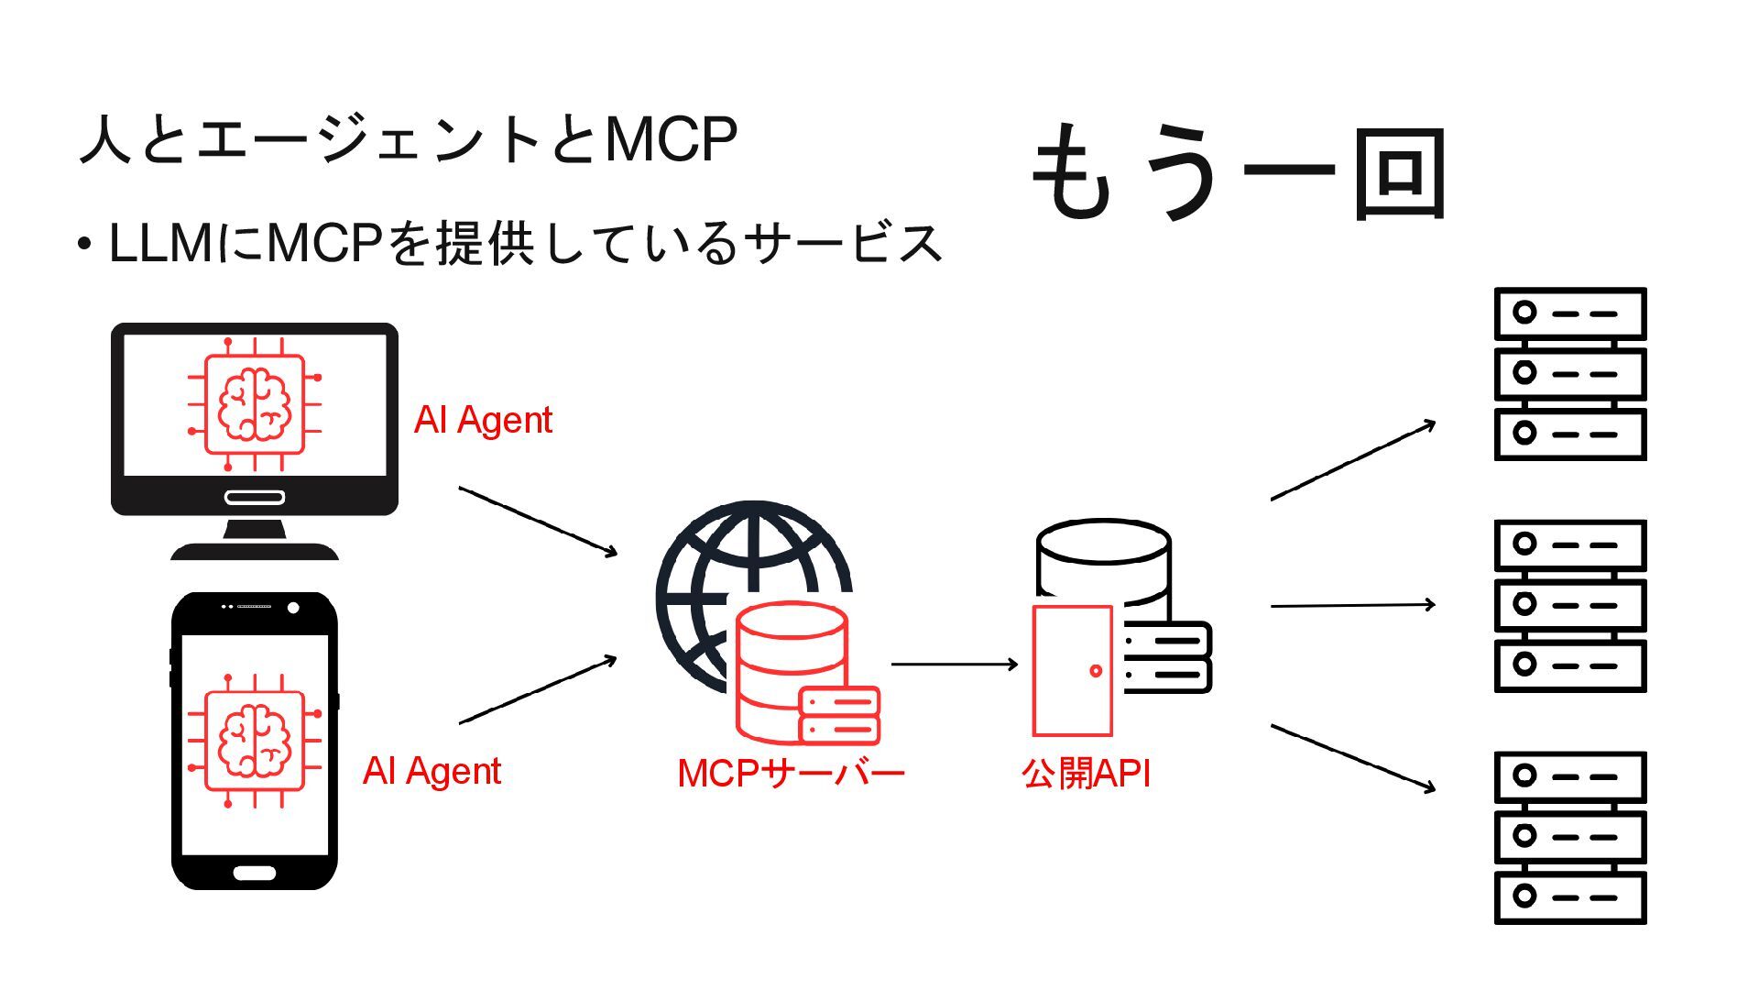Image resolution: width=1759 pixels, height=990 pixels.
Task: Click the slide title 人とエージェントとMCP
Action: (x=409, y=140)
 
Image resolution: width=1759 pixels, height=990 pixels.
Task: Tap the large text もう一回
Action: (x=1239, y=173)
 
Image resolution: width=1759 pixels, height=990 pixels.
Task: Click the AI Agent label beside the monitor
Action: (x=483, y=421)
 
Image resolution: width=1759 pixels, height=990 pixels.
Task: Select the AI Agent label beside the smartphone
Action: (x=432, y=771)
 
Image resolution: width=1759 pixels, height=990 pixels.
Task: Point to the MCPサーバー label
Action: (x=791, y=774)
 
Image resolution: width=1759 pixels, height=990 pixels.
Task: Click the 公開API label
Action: (x=1086, y=774)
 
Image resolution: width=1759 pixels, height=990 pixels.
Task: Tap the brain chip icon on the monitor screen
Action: (x=254, y=404)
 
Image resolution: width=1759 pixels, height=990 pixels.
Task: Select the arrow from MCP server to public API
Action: (x=954, y=664)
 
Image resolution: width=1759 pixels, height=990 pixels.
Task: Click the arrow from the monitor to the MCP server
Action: (x=538, y=521)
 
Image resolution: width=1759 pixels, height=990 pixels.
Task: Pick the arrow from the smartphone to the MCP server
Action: (x=538, y=690)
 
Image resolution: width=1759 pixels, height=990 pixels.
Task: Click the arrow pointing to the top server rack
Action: (x=1352, y=460)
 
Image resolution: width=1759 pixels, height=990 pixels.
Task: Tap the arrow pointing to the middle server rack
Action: (x=1352, y=605)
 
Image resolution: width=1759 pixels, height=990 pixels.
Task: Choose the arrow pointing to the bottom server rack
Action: (x=1352, y=757)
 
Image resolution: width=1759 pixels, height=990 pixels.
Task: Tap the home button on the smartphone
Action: (x=254, y=872)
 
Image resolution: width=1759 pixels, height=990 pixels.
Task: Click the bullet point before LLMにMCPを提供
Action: (x=84, y=245)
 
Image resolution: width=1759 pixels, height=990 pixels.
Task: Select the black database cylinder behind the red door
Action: (x=1103, y=555)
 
